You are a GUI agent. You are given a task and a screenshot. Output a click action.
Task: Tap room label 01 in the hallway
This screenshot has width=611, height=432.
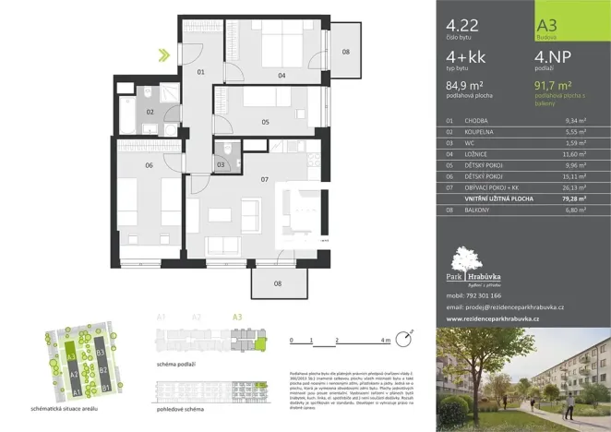[x=199, y=71]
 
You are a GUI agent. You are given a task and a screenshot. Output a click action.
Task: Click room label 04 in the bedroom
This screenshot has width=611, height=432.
[x=282, y=75]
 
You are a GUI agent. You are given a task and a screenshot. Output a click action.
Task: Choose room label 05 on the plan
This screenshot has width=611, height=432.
[x=265, y=121]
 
